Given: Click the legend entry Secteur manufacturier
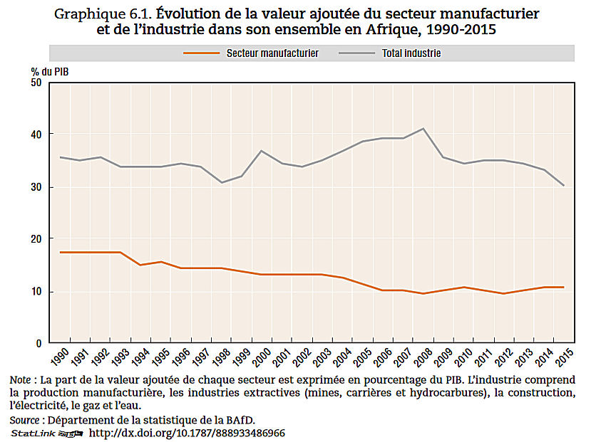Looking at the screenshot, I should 272,53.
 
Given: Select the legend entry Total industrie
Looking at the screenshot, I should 411,53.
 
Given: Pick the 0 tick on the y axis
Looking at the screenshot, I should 40,343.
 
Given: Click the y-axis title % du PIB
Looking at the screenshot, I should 50,70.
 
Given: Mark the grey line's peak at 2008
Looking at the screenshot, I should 424,129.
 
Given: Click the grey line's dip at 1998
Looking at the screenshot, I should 222,182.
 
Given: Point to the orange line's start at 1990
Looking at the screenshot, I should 61,253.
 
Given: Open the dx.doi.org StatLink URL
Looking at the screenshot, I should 187,433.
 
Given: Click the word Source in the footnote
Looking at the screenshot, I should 24,419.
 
